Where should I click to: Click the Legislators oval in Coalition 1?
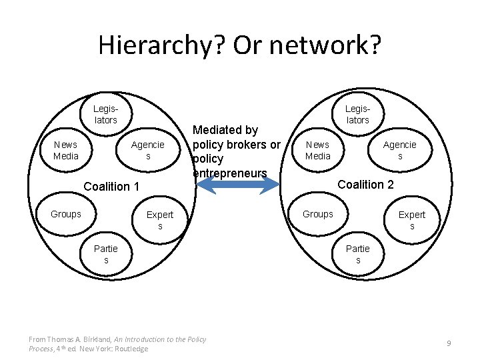coord(105,114)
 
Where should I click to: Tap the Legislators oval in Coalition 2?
coord(357,114)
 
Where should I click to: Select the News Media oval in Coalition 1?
coord(66,150)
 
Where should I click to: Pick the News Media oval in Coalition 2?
coord(318,150)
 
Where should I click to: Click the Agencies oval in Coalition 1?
coord(148,150)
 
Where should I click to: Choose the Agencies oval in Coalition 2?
coord(400,150)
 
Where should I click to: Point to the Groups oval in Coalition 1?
coord(66,214)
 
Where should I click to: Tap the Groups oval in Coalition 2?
coord(318,214)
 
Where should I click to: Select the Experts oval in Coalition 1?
coord(160,220)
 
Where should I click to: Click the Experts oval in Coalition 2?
coord(412,220)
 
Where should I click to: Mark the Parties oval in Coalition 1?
coord(106,254)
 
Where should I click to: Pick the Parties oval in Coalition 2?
coord(358,254)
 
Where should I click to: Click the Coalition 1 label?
coord(111,187)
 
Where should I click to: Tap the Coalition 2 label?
coord(366,184)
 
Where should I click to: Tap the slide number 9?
coord(449,343)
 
